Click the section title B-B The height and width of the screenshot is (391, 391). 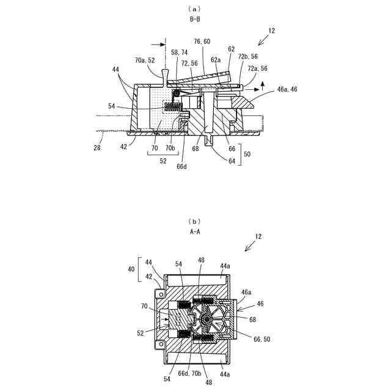click(195, 19)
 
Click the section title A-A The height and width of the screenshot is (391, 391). click(195, 232)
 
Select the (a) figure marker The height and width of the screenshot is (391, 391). click(195, 9)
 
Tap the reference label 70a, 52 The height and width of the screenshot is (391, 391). click(145, 60)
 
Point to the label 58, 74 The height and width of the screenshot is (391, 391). click(179, 53)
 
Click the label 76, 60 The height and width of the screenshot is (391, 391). click(203, 42)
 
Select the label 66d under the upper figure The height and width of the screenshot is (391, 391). click(181, 164)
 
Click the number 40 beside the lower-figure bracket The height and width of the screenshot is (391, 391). click(131, 268)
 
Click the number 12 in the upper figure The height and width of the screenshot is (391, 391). click(272, 31)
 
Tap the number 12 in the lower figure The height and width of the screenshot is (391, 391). click(258, 235)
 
